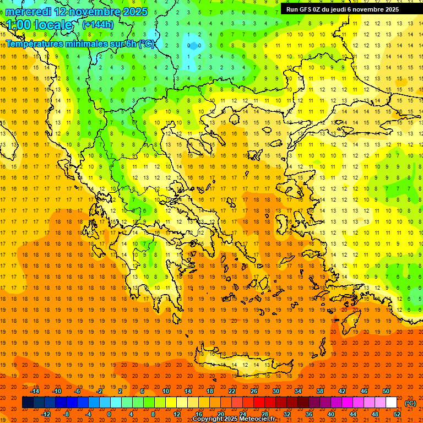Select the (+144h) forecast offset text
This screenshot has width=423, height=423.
[x=98, y=24]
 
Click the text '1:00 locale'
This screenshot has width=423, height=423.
[x=40, y=25]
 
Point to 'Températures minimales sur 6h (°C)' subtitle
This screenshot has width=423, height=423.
[x=80, y=44]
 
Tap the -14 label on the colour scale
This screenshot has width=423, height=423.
[x=35, y=391]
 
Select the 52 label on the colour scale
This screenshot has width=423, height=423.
[x=397, y=414]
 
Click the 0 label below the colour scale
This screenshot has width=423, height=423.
[x=109, y=414]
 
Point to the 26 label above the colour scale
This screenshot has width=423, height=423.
[x=254, y=391]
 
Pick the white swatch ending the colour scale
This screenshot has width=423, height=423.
[x=391, y=403]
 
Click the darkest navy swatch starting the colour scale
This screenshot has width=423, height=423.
[x=28, y=403]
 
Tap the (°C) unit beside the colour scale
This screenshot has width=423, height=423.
[x=410, y=403]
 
